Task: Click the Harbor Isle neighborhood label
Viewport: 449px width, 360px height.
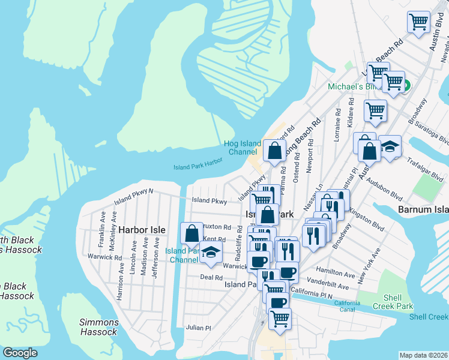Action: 141,230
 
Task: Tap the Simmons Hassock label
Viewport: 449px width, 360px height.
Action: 98,327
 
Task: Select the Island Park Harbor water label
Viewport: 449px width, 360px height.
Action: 198,164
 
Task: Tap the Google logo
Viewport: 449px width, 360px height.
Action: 20,353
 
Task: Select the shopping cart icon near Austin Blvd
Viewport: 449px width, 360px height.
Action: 418,22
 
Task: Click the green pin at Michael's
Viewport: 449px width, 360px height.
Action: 405,86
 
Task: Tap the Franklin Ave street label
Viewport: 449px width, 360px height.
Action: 103,223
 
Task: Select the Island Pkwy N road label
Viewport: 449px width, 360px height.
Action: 134,192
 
